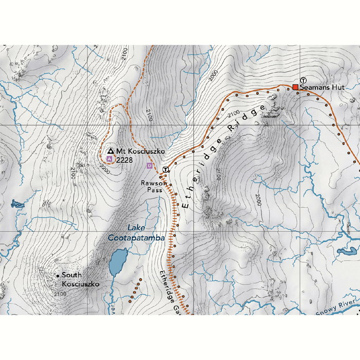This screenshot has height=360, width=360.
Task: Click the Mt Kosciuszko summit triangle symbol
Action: (110, 151)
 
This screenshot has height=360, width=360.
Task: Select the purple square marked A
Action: (109, 159)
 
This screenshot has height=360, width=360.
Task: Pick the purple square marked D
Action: (150, 166)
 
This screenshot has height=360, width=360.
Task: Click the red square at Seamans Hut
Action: (296, 87)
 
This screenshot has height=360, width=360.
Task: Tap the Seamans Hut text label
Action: (322, 88)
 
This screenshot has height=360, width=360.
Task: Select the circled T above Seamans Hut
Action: (303, 80)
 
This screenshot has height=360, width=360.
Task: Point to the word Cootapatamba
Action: (136, 238)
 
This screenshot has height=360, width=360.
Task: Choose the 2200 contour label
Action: (105, 168)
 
